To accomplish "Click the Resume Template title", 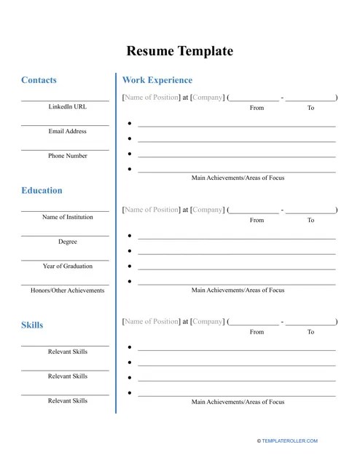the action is (x=180, y=51).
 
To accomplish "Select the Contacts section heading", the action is (x=39, y=80).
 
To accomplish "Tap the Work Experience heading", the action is (x=157, y=80).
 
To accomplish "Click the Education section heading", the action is (x=42, y=191).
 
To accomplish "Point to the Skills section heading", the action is (x=32, y=325).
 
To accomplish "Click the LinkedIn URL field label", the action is (x=67, y=107).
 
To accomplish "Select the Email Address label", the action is (x=67, y=132).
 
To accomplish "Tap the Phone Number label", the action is (x=67, y=156).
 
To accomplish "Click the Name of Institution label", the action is (x=67, y=217).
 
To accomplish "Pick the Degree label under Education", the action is (x=67, y=242).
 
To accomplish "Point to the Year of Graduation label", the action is (x=67, y=266).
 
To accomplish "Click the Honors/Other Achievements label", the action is (x=67, y=291).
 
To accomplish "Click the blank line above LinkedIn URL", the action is (x=65, y=100).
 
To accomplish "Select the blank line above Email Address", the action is (x=65, y=125).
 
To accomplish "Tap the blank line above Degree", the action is (x=65, y=235).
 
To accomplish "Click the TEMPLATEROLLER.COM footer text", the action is (x=286, y=441).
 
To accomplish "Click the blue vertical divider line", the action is (x=115, y=244).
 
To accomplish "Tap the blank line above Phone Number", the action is (x=65, y=150).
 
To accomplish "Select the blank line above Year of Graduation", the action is (x=65, y=260).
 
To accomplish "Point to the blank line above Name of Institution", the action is (x=65, y=211).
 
